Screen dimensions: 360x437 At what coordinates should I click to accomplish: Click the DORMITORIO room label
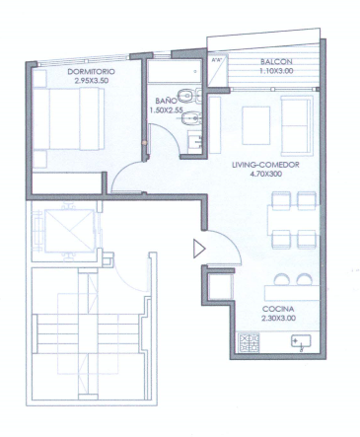coord(91,72)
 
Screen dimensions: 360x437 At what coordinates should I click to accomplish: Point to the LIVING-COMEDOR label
coord(265,165)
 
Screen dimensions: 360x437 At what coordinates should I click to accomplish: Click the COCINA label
coord(278,309)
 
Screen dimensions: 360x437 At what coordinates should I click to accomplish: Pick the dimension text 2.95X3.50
coord(92,81)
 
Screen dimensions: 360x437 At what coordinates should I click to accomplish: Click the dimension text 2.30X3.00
coord(278,319)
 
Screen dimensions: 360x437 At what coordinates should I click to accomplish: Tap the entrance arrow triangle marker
coord(199,249)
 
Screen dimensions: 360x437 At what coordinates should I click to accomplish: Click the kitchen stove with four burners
coord(249,342)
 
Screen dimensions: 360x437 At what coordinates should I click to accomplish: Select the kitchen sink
coord(301,341)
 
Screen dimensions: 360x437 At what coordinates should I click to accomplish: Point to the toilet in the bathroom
coord(188,96)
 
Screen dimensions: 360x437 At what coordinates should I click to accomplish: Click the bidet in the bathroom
coord(190,117)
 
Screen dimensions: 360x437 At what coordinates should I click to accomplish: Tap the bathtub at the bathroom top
coord(174,71)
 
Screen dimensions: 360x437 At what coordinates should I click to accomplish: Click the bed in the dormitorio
coord(68,119)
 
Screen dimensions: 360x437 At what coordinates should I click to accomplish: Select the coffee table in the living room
coord(256,125)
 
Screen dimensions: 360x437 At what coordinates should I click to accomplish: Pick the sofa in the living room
coord(297,125)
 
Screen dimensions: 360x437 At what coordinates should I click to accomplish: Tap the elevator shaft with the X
coord(69,231)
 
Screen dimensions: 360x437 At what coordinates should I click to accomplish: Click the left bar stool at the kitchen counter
coord(281,280)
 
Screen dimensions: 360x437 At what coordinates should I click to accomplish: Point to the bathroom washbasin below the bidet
coord(194,141)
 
